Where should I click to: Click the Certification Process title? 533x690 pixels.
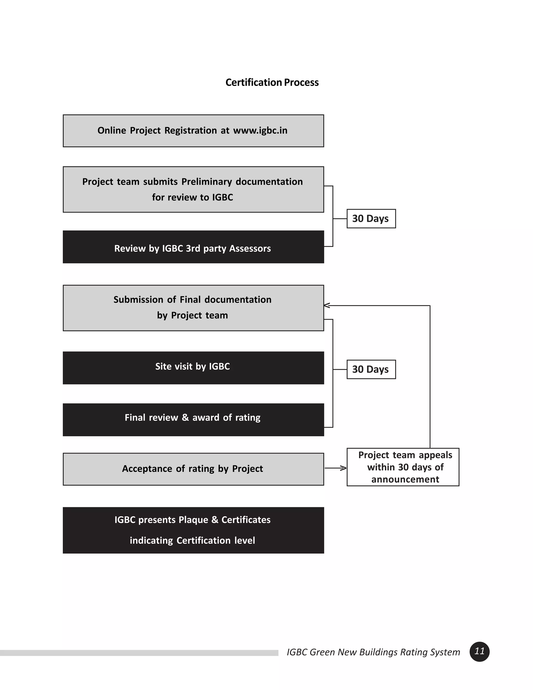[x=272, y=83]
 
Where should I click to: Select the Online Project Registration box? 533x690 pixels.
[x=193, y=131]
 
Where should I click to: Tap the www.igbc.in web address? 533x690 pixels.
[x=260, y=130]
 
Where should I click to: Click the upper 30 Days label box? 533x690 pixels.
[x=371, y=219]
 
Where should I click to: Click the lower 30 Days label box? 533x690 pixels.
[x=371, y=369]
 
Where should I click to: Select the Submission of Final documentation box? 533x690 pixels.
[x=193, y=308]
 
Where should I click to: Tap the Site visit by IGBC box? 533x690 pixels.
[x=193, y=368]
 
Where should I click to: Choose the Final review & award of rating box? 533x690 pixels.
[x=193, y=419]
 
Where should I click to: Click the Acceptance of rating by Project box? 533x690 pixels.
[x=193, y=469]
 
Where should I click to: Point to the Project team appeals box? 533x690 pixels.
[x=403, y=467]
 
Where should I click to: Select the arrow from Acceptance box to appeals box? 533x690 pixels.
[x=335, y=468]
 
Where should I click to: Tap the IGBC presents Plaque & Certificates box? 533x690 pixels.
[x=193, y=530]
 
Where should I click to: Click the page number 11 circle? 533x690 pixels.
[x=479, y=651]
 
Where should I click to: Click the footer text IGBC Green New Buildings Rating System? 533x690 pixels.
[x=373, y=652]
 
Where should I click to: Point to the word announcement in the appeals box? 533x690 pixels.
[x=405, y=480]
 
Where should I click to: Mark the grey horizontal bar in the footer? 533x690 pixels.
[x=139, y=653]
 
